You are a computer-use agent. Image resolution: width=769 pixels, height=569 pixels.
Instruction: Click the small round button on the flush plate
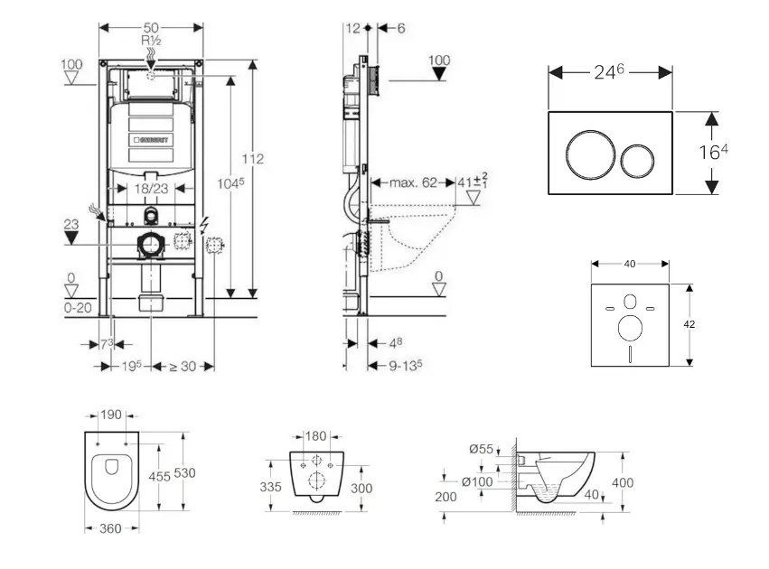(x=639, y=160)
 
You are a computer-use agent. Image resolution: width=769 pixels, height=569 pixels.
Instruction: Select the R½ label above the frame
(x=150, y=42)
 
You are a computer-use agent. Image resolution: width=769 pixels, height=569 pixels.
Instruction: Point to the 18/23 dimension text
(x=145, y=190)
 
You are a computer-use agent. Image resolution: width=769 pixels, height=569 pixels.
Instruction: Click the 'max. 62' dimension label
(x=414, y=182)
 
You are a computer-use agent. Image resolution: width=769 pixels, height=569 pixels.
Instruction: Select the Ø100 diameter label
(x=477, y=481)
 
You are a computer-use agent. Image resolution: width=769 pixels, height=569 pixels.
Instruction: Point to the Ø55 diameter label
(x=481, y=449)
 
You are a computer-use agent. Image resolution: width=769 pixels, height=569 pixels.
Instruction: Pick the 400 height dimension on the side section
(x=623, y=483)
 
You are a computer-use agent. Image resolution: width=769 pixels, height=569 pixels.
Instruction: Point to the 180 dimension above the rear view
(x=314, y=436)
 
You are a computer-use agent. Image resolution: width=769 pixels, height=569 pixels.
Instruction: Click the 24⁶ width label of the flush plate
(x=611, y=72)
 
